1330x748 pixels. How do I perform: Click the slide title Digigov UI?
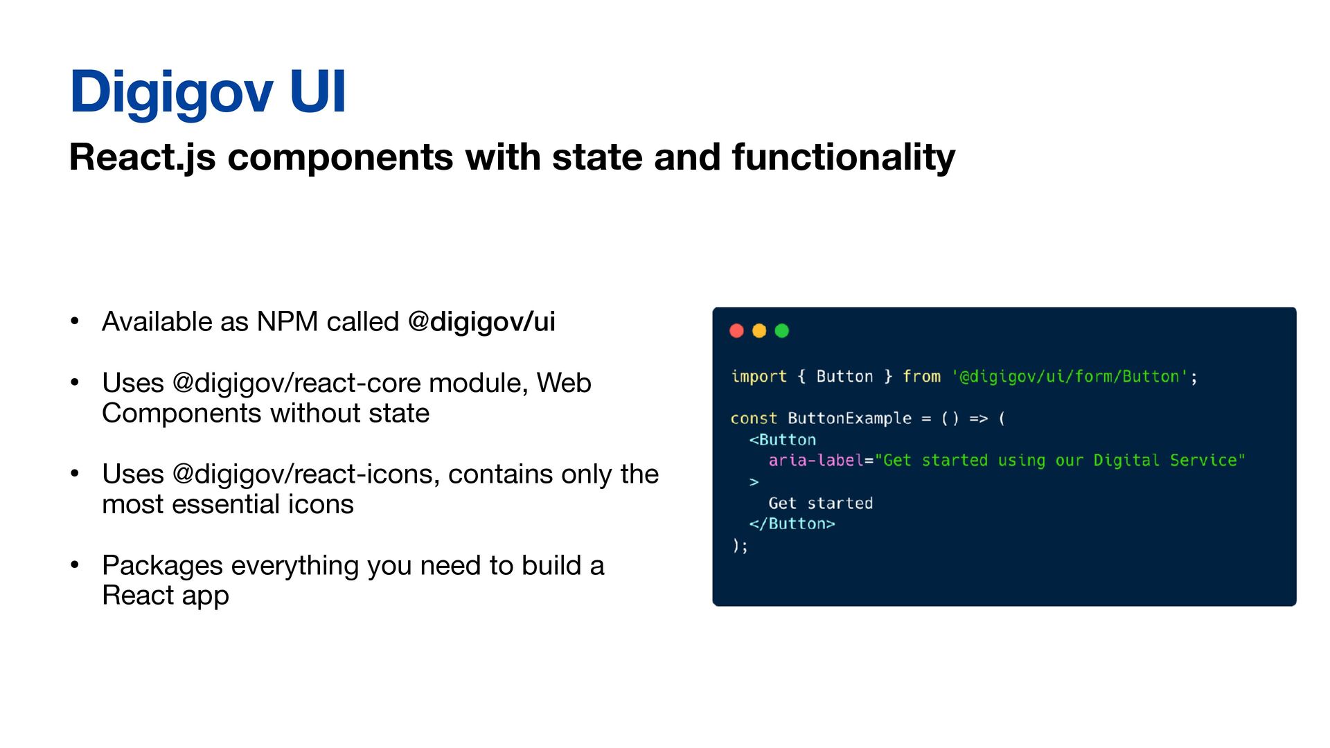point(207,91)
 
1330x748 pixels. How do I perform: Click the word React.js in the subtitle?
point(142,157)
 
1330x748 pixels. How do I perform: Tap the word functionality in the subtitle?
point(843,157)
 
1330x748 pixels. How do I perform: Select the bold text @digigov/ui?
point(481,322)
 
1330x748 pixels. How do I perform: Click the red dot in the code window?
point(736,331)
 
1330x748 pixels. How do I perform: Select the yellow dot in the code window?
point(759,331)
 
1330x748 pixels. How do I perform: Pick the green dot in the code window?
point(782,331)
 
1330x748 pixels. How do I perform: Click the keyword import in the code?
point(759,377)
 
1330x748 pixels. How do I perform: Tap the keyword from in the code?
point(921,377)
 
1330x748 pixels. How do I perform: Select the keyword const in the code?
point(754,418)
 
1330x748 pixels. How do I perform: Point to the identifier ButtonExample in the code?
point(849,418)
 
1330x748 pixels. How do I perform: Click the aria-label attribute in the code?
point(816,461)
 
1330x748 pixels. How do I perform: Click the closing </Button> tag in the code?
point(792,524)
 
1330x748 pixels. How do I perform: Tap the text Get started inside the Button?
point(820,504)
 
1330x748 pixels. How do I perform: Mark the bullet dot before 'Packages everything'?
point(75,565)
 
